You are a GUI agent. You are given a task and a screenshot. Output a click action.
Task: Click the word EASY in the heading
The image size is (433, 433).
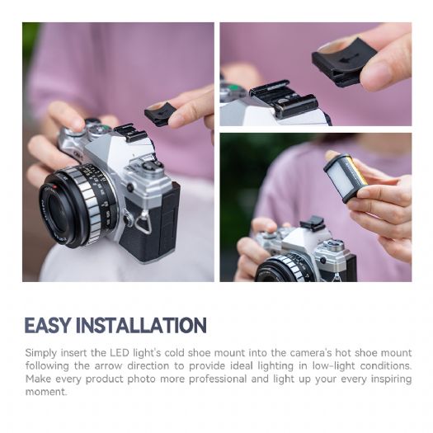(47, 325)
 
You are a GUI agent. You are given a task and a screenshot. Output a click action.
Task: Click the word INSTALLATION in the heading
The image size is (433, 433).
(141, 325)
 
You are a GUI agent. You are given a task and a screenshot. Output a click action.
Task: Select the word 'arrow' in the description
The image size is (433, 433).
(108, 366)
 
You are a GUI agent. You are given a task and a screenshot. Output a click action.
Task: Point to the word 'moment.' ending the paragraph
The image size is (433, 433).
(46, 392)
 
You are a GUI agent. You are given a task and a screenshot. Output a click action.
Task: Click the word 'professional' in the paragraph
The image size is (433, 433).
(218, 379)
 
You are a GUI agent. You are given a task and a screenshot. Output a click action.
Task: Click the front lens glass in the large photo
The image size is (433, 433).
(57, 210)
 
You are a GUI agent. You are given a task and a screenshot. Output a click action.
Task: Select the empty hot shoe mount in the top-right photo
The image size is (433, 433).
(285, 96)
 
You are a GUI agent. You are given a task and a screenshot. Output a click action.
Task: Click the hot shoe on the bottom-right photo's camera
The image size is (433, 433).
(312, 222)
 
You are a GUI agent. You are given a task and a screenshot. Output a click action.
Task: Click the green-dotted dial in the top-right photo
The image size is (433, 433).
(233, 92)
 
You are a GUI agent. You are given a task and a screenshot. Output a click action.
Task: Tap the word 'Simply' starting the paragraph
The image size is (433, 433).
(41, 354)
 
